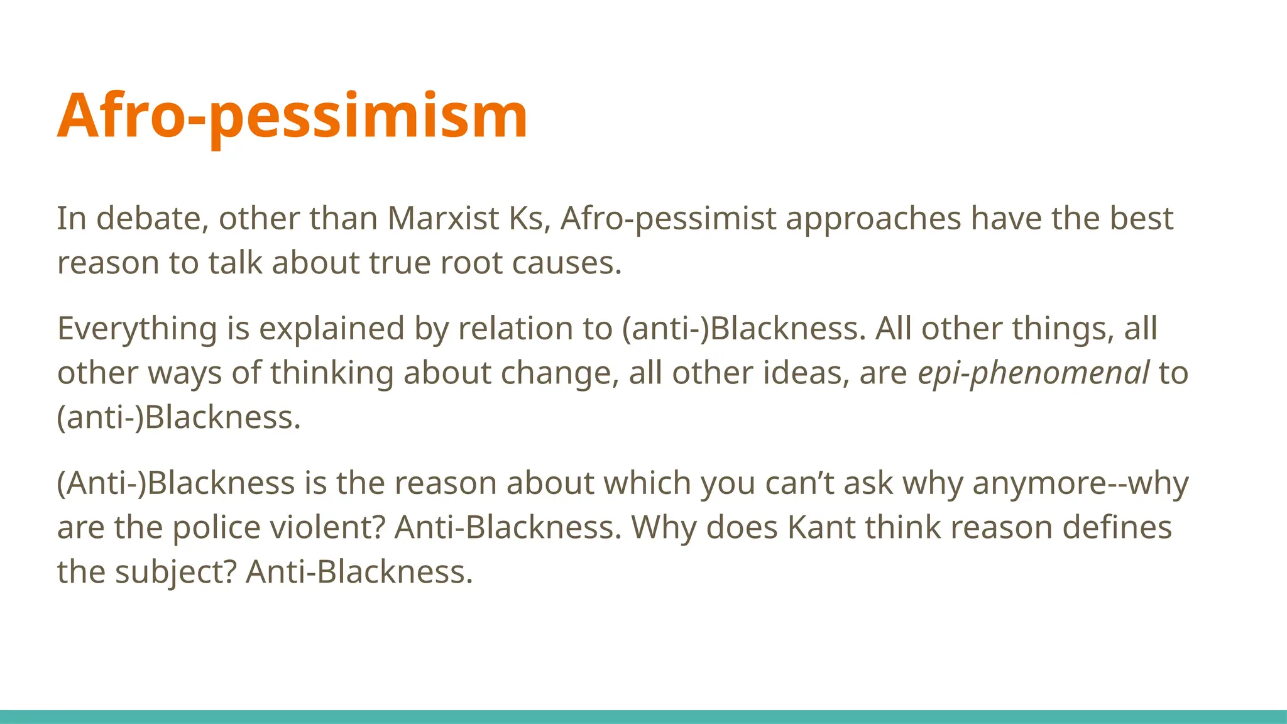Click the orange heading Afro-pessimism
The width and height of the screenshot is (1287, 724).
tap(292, 116)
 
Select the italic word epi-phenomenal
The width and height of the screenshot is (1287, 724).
tap(1033, 373)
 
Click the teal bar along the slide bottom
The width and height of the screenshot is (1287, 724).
tap(643, 716)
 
